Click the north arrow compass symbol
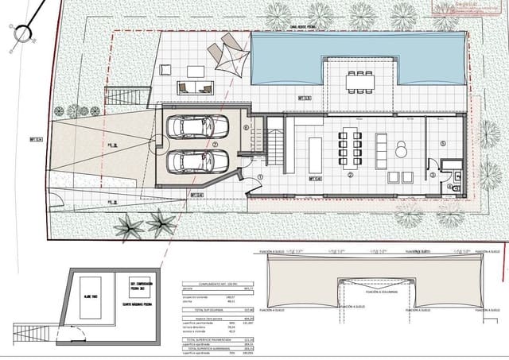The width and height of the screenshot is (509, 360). pos(22,33)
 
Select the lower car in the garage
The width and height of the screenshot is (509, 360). pos(197,161)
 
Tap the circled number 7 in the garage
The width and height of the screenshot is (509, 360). pos(215,145)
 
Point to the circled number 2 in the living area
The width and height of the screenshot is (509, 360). pos(349,174)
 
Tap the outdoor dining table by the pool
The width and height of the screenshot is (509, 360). pos(359,80)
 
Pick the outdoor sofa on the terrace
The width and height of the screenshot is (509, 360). pos(194,87)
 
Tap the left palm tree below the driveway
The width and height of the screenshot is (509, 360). pos(128,226)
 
